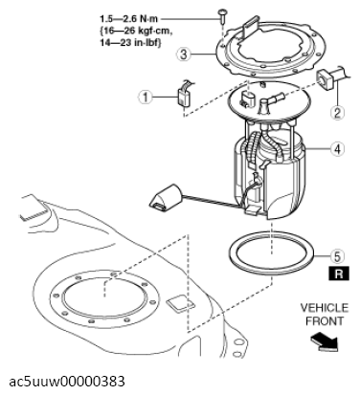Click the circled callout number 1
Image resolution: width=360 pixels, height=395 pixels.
pyautogui.click(x=146, y=97)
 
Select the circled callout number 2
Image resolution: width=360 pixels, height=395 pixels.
pyautogui.click(x=337, y=112)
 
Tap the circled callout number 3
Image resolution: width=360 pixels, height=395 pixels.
pyautogui.click(x=184, y=55)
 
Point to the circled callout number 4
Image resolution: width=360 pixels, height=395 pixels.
pyautogui.click(x=338, y=148)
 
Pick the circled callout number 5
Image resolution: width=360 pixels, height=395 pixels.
pyautogui.click(x=337, y=255)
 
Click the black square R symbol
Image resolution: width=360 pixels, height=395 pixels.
pyautogui.click(x=339, y=274)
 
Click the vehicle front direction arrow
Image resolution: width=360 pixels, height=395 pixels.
pyautogui.click(x=324, y=341)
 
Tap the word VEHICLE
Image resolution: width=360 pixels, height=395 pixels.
pyautogui.click(x=325, y=308)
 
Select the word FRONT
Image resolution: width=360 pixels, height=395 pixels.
pyautogui.click(x=325, y=321)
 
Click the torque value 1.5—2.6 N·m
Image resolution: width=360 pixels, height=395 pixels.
pyautogui.click(x=128, y=19)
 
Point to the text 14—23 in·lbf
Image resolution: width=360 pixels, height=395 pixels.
pyautogui.click(x=129, y=43)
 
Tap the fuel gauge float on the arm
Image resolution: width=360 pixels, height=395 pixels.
pyautogui.click(x=165, y=197)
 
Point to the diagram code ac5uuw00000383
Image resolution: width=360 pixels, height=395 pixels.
pyautogui.click(x=67, y=381)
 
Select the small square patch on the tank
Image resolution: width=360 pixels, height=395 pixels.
pyautogui.click(x=180, y=303)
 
